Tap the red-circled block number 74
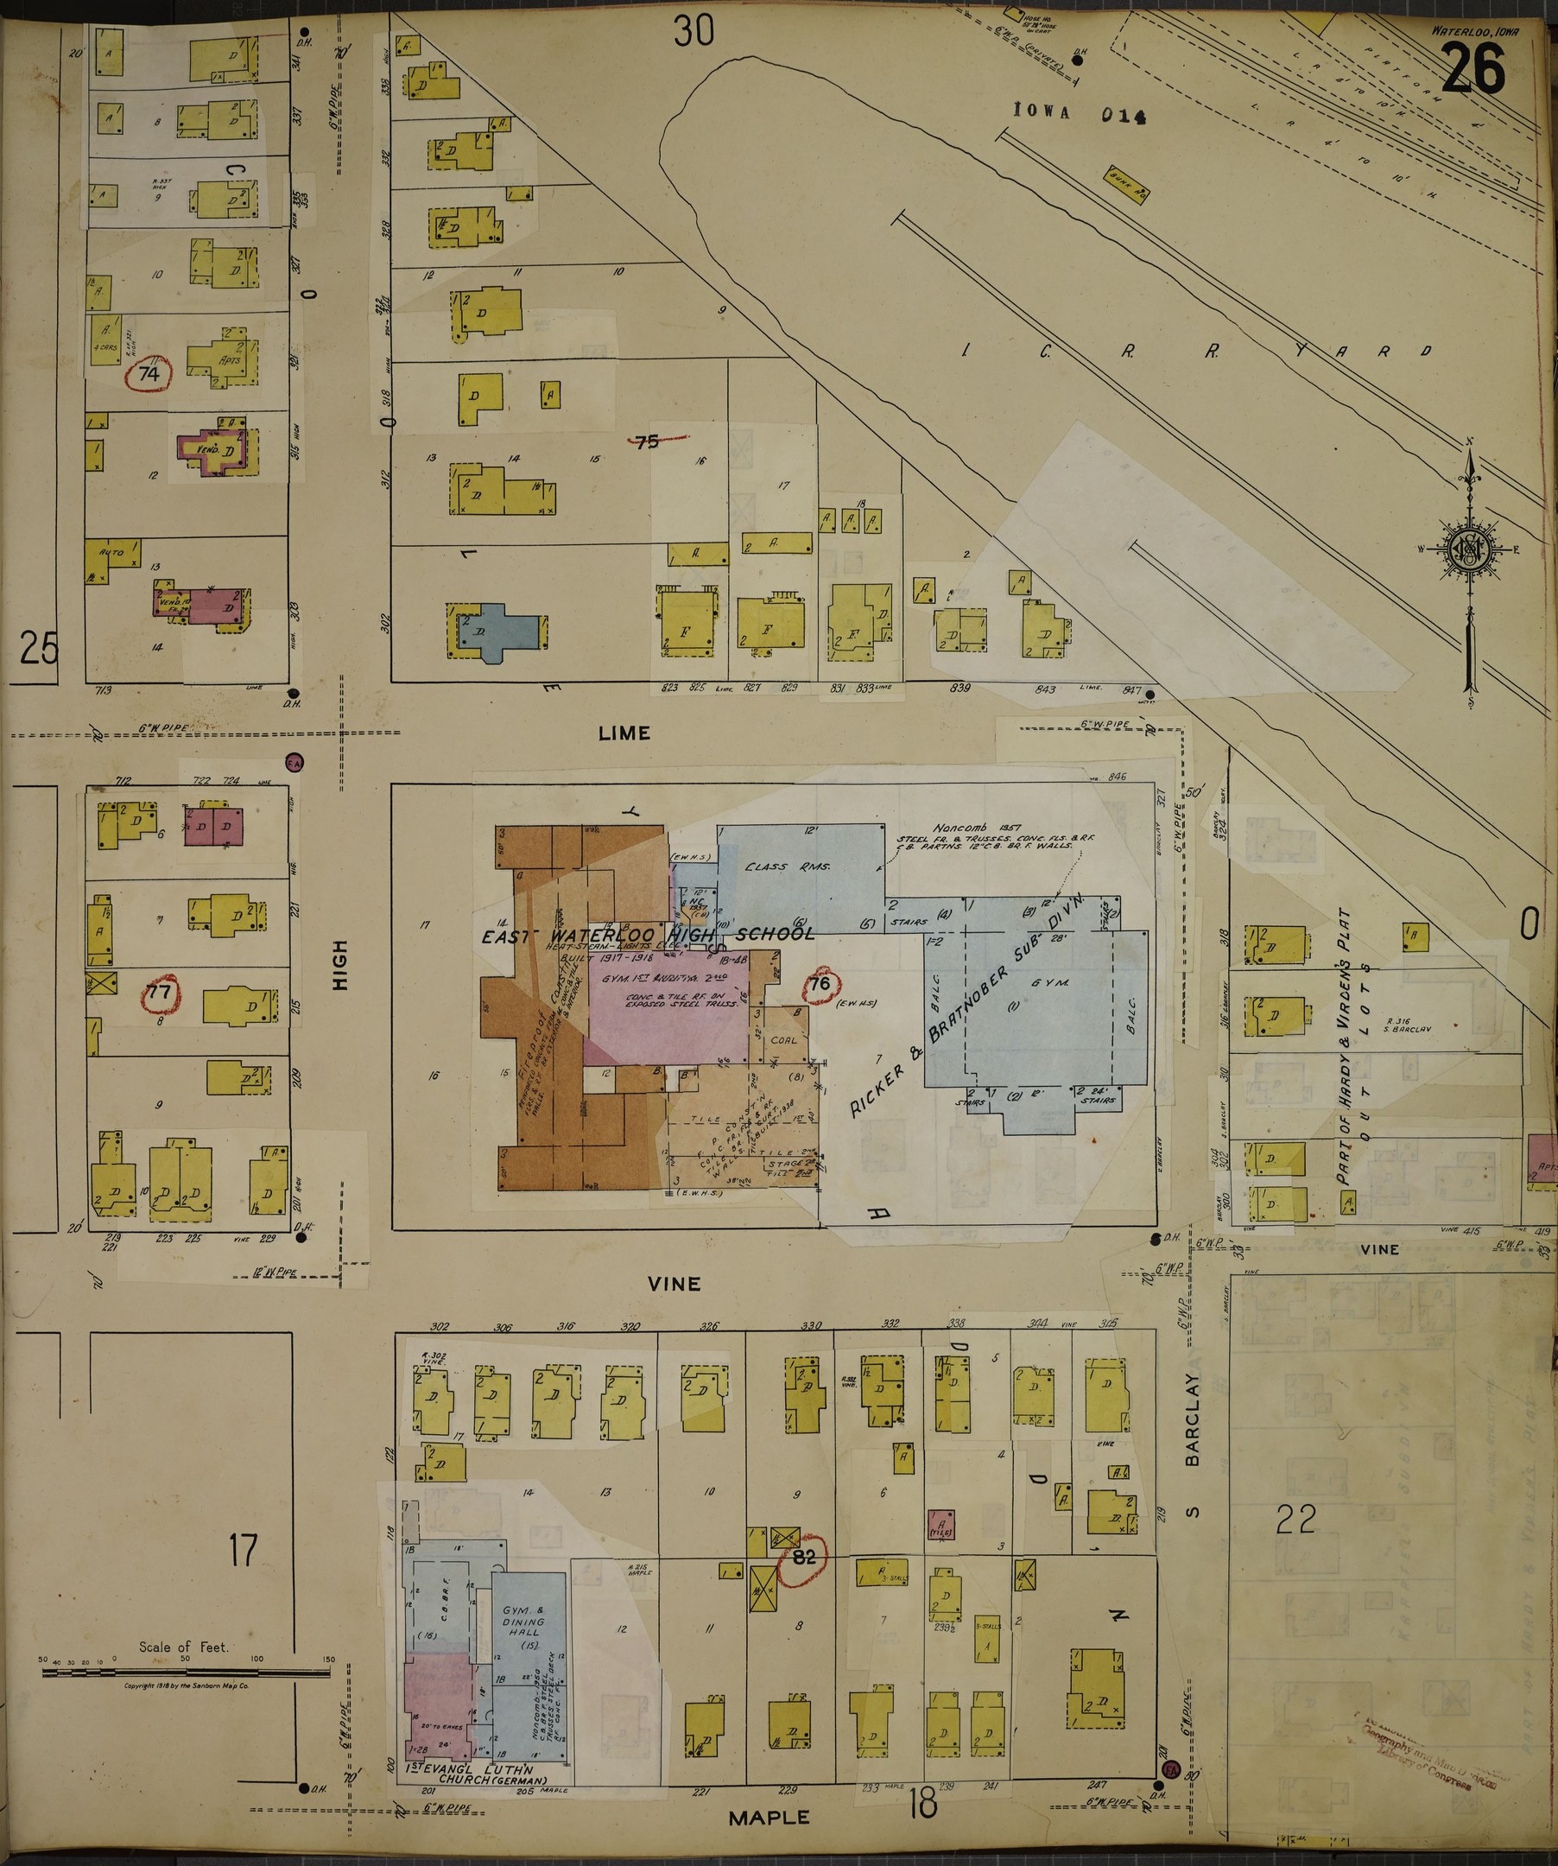coord(149,374)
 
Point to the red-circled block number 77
coord(158,993)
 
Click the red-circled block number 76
coord(819,984)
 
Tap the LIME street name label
coord(624,733)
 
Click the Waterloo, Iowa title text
coord(1474,30)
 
